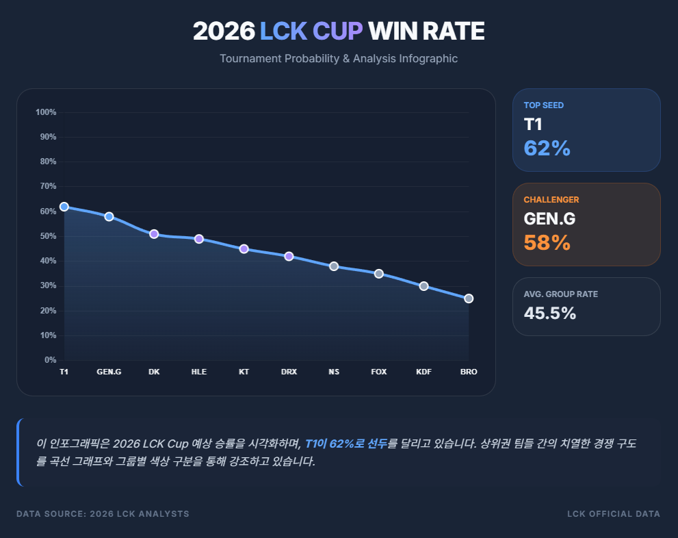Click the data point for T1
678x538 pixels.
[64, 207]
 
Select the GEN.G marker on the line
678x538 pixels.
[109, 216]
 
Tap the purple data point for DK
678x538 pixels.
[154, 234]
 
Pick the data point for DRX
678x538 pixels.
[289, 256]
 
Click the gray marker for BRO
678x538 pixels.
[469, 298]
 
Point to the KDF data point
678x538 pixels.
[423, 286]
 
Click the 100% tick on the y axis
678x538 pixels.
[46, 112]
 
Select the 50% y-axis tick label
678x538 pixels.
[48, 236]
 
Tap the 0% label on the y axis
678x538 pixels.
[50, 360]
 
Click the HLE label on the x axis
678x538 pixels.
[199, 372]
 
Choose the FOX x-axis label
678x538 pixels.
[379, 372]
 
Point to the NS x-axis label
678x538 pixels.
[334, 372]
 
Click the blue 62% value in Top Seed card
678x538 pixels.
[547, 148]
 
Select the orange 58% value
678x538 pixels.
[547, 242]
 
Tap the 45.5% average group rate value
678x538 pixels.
[549, 313]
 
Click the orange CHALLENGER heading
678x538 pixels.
[551, 200]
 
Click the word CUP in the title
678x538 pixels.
[337, 31]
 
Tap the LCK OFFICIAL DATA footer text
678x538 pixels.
[614, 514]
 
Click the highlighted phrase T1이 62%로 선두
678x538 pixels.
[345, 444]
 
